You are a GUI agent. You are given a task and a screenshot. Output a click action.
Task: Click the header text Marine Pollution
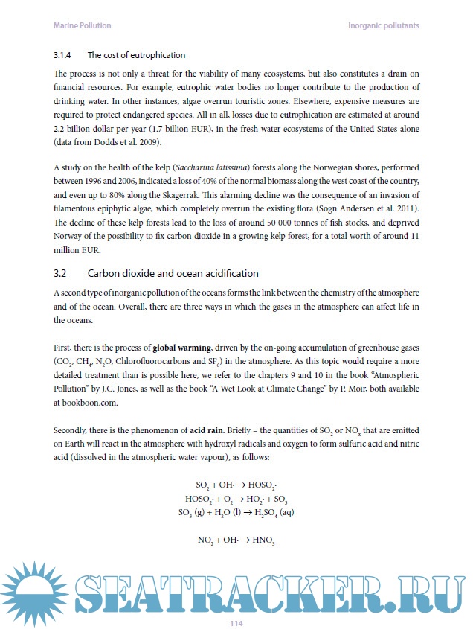click(83, 25)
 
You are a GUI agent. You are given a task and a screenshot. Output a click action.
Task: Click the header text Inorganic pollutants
click(384, 25)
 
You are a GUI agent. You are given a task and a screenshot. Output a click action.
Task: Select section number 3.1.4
click(65, 56)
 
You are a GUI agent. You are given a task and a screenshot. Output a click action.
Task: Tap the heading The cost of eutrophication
click(136, 56)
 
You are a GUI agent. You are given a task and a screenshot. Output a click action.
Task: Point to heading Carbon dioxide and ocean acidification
click(173, 273)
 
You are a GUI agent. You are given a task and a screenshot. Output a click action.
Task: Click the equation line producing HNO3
click(236, 540)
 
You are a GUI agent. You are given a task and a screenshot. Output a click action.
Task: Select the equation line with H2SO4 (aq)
click(236, 512)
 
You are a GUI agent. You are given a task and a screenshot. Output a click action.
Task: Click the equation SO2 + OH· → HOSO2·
click(236, 484)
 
